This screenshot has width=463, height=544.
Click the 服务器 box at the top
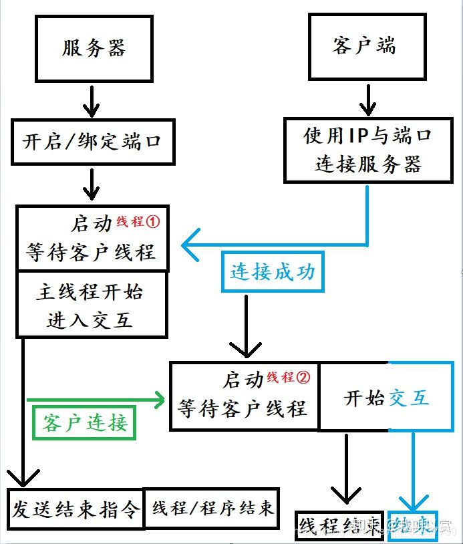pyautogui.click(x=94, y=49)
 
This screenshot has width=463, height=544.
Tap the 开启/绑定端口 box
pyautogui.click(x=94, y=142)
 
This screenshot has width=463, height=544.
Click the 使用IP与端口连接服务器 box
pyautogui.click(x=367, y=150)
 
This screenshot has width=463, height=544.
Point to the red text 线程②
pyautogui.click(x=289, y=377)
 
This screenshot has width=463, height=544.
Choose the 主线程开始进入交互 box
pyautogui.click(x=91, y=305)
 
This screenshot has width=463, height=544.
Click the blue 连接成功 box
pyautogui.click(x=273, y=272)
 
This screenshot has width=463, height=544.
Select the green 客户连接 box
pyautogui.click(x=84, y=422)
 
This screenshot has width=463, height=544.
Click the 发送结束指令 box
pyautogui.click(x=76, y=509)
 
